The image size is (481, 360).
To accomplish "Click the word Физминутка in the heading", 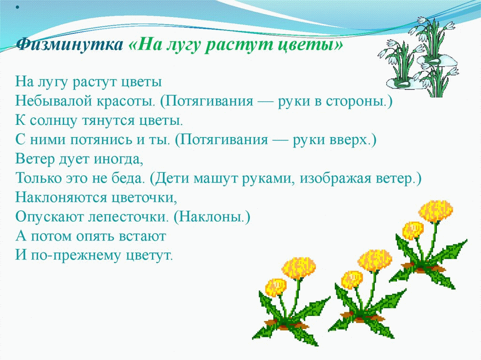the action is pos(70,45).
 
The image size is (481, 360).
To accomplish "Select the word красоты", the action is pos(125,101).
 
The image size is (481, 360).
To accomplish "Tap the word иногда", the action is pos(118,160).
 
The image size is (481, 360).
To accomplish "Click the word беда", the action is pos(127,178).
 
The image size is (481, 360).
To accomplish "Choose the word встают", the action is pos(142,237).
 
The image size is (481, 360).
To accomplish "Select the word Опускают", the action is pos(49,217).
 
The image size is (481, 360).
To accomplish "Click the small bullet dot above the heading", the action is pos(17,7).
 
